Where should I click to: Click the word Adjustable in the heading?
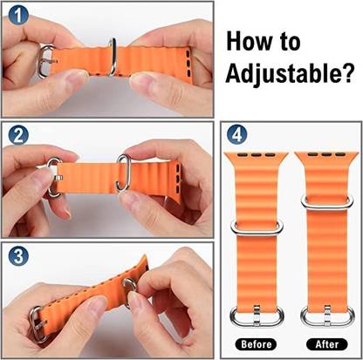pyautogui.click(x=277, y=76)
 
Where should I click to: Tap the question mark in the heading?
pyautogui.click(x=344, y=76)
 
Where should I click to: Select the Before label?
pyautogui.click(x=255, y=343)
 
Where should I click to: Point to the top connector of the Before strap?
pyautogui.click(x=255, y=157)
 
